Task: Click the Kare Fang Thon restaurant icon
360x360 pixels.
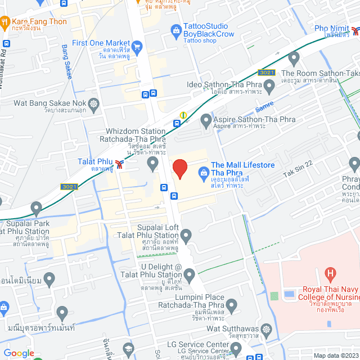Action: (x=4, y=22)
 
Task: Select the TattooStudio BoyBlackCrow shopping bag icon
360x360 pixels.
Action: (x=175, y=29)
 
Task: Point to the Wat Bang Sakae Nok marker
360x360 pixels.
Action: (x=93, y=103)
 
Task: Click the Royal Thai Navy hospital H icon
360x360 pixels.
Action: (x=330, y=274)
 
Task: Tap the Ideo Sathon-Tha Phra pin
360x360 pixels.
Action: (x=269, y=85)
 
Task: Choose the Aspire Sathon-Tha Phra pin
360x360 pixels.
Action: (x=206, y=119)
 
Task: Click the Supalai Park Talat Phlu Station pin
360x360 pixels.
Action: (x=36, y=209)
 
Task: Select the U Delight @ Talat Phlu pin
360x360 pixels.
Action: (x=190, y=274)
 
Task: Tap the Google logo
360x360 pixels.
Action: (x=19, y=353)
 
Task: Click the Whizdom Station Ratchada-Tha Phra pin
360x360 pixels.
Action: (x=152, y=164)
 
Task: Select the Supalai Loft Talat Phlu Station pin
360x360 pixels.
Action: (x=186, y=234)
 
